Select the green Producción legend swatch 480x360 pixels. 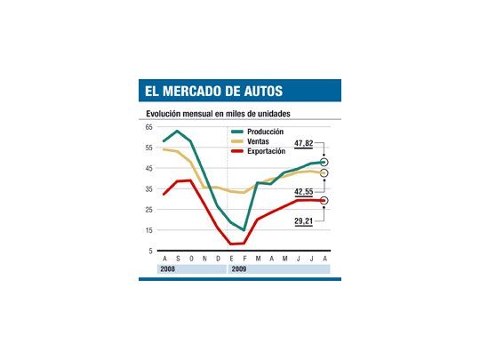(x=236, y=132)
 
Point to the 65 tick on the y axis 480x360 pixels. (x=148, y=127)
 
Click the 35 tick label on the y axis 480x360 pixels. (x=148, y=189)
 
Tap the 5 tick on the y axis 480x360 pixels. (x=150, y=252)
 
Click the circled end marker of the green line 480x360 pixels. (x=324, y=163)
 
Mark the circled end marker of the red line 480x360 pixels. (x=324, y=201)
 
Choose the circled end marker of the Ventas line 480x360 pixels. (x=324, y=173)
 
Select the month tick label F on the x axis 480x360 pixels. (x=244, y=259)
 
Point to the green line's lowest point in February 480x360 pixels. (x=244, y=229)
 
